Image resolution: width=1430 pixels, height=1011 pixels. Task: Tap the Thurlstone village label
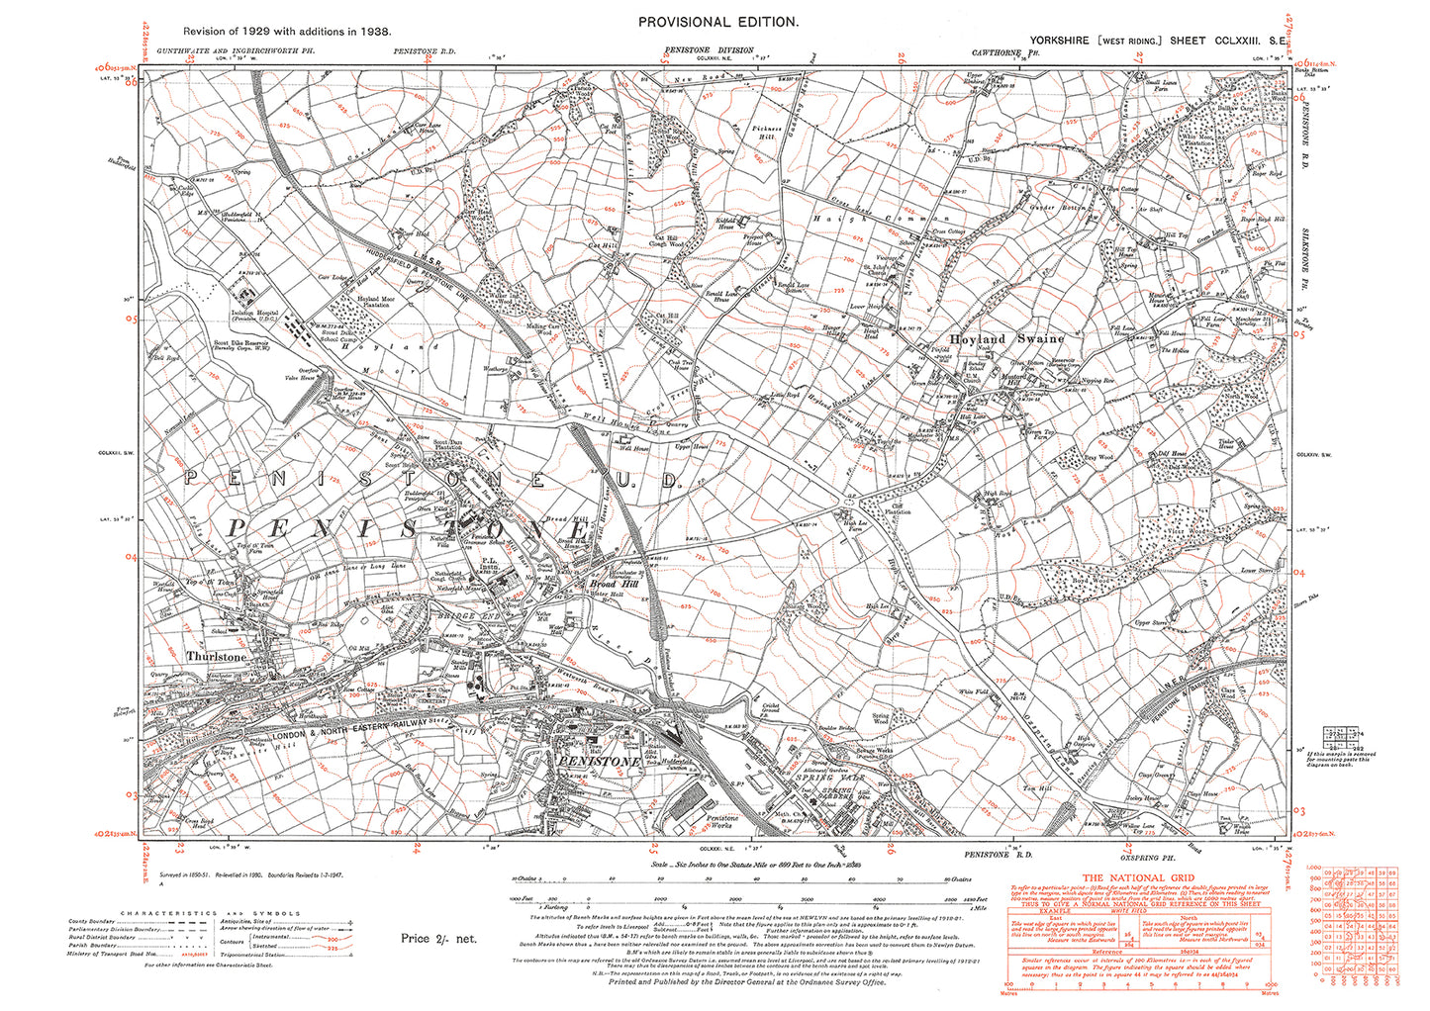216,656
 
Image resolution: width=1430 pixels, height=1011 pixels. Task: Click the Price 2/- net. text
438,937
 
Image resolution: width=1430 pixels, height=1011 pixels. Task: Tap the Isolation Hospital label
240,317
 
